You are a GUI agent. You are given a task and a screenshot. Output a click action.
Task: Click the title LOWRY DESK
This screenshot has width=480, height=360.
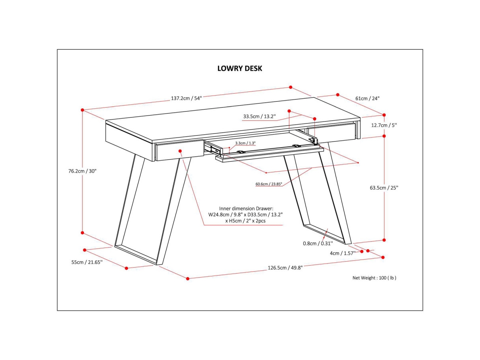point(240,68)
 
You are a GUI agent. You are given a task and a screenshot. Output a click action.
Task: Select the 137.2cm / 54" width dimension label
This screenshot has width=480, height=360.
point(186,98)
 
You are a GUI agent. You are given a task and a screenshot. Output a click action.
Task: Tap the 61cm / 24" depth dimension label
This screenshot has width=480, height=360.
point(367,98)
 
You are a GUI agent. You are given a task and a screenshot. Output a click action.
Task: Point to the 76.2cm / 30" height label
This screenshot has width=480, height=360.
point(82,171)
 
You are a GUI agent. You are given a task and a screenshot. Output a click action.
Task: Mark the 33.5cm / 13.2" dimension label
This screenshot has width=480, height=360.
point(260,117)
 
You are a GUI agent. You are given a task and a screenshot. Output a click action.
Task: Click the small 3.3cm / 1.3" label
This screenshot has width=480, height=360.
point(245,143)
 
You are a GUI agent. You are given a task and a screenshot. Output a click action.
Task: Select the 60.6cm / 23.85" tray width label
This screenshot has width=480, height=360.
point(269,184)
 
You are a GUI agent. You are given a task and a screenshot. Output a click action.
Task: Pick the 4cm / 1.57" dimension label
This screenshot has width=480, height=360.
point(342,253)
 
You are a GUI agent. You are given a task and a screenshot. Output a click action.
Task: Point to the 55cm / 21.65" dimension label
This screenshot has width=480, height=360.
point(87,262)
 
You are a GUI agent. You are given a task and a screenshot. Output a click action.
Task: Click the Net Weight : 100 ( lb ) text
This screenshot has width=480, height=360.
point(374,278)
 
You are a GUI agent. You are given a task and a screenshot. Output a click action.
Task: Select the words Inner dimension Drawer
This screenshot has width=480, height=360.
point(246,208)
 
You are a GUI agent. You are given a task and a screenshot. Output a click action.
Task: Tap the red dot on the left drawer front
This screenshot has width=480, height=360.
point(180,151)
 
